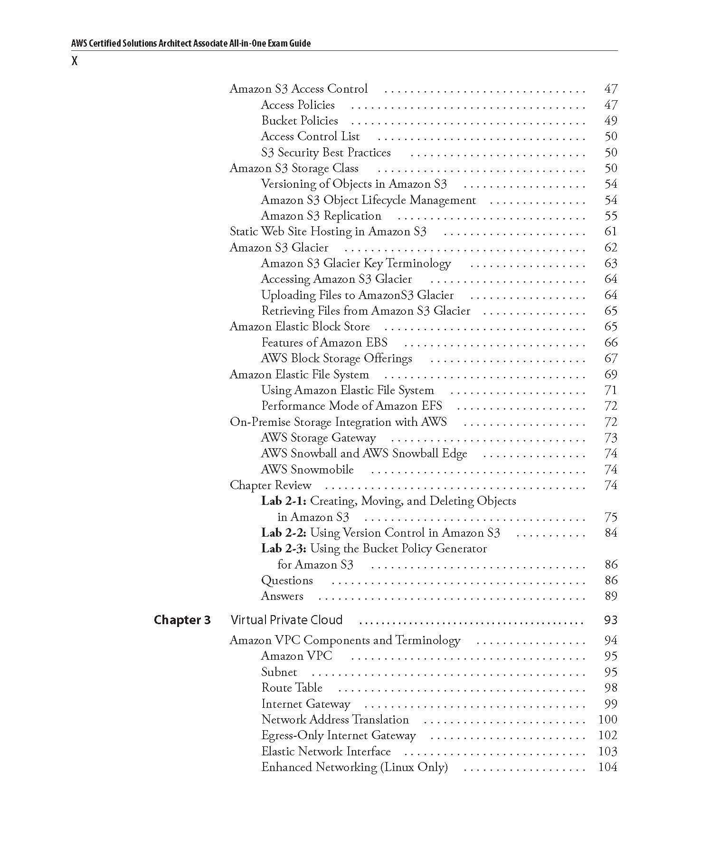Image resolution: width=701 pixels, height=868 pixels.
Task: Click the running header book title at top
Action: tap(190, 43)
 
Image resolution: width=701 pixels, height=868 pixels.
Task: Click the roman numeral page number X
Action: tap(74, 61)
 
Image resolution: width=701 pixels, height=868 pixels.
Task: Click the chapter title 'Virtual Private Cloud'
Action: tap(286, 620)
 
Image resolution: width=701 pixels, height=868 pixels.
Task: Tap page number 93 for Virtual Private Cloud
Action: tap(610, 620)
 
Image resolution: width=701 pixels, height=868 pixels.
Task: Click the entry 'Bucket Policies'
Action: tap(299, 121)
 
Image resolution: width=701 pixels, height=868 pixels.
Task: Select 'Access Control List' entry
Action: tap(310, 136)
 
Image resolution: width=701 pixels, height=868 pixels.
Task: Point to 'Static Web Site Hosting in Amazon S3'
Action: tap(328, 231)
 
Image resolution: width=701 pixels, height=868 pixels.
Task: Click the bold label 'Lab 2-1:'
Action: tap(284, 501)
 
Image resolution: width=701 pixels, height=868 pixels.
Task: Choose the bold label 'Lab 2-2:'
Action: tap(284, 533)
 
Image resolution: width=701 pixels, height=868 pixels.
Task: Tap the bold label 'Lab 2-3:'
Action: tap(284, 549)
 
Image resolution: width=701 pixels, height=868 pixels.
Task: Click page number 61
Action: tap(610, 231)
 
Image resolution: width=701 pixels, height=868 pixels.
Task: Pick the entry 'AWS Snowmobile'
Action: tap(307, 470)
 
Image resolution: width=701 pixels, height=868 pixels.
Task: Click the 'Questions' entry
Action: tap(287, 580)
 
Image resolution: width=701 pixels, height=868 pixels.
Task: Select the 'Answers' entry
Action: tap(282, 596)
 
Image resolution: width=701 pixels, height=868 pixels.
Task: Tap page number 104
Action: tap(607, 767)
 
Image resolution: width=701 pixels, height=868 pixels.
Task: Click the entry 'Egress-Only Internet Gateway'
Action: tap(338, 735)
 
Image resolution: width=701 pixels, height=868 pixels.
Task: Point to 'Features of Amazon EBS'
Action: tap(324, 343)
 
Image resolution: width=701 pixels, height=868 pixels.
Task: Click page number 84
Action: tap(610, 533)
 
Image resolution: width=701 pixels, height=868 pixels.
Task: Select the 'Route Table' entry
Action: tap(292, 688)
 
